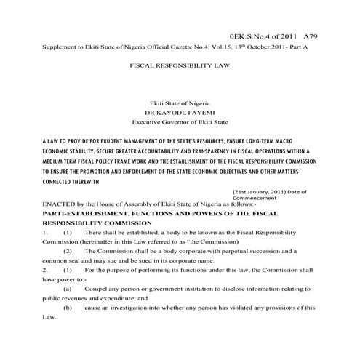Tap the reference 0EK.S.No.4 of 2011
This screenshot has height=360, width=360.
[x=263, y=34]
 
